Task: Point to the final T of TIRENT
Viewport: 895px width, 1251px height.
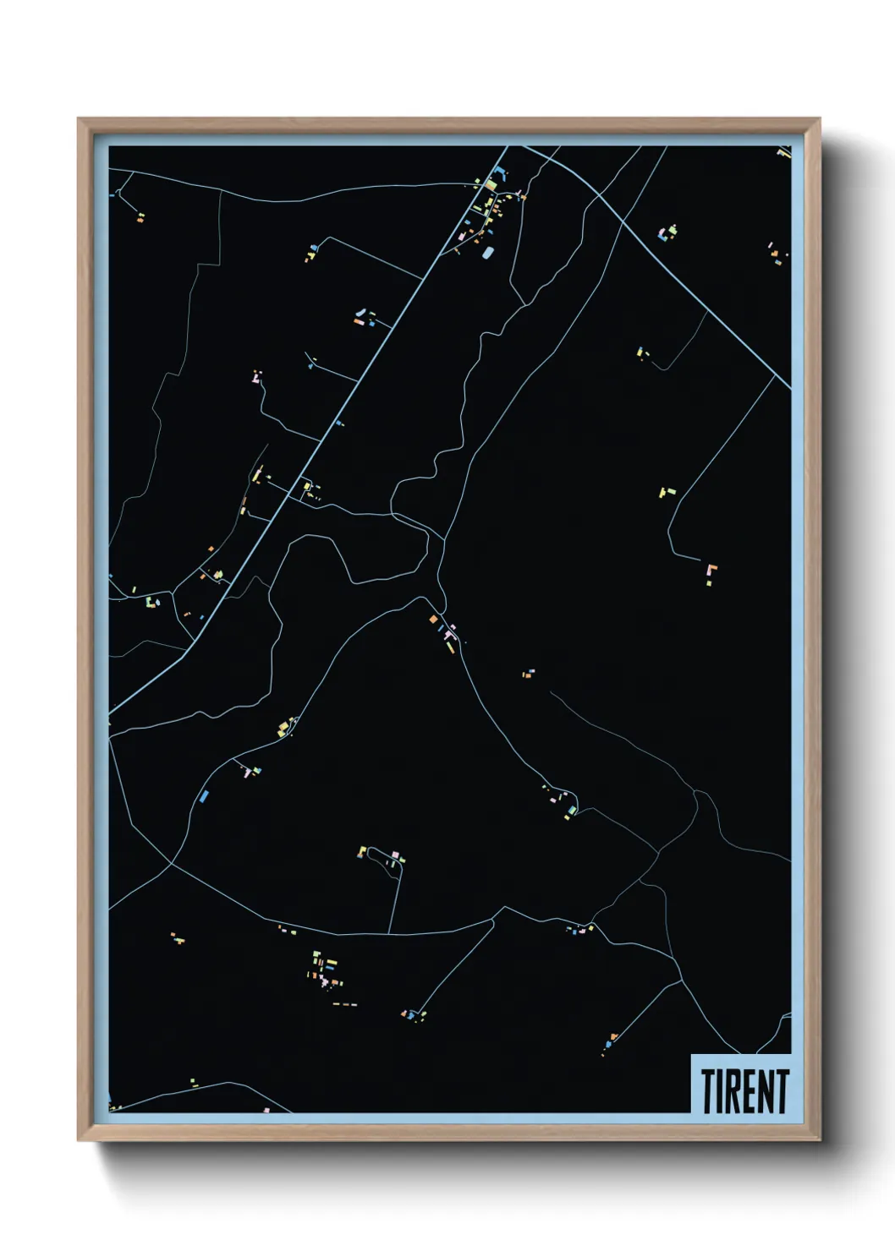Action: (x=782, y=1091)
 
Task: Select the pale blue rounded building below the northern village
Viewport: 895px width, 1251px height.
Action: (x=486, y=252)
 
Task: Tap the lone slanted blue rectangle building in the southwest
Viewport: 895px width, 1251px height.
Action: (x=203, y=795)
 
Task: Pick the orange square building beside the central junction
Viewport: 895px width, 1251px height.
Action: (x=434, y=620)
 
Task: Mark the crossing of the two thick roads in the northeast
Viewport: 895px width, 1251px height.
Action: (x=598, y=198)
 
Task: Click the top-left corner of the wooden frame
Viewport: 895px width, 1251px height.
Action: (x=80, y=119)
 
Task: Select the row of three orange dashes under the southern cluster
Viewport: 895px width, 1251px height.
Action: (x=345, y=1004)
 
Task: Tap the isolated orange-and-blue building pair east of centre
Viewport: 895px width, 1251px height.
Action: (x=528, y=674)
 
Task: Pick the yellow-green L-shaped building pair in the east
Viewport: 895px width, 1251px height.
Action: (x=667, y=491)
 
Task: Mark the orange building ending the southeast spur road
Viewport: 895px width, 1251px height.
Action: (x=613, y=1036)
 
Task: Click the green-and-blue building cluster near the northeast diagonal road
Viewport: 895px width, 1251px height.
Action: (x=668, y=231)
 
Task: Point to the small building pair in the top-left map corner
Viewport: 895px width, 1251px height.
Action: (x=140, y=217)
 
